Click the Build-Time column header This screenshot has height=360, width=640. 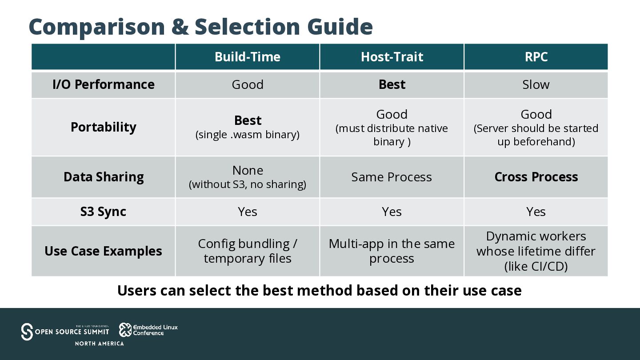pyautogui.click(x=248, y=57)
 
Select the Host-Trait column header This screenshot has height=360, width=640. pyautogui.click(x=392, y=57)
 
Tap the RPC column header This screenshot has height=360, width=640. pyautogui.click(x=536, y=57)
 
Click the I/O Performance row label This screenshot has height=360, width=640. pyautogui.click(x=104, y=84)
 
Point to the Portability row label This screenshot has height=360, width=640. pyautogui.click(x=104, y=127)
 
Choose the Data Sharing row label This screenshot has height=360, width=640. pyautogui.click(x=104, y=177)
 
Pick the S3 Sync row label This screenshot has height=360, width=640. pyautogui.click(x=103, y=212)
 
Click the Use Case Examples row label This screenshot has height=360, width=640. pyautogui.click(x=103, y=251)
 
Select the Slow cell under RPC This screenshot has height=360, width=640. pyautogui.click(x=536, y=84)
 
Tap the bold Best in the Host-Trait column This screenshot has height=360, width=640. pyautogui.click(x=392, y=84)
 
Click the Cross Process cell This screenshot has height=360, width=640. pyautogui.click(x=536, y=177)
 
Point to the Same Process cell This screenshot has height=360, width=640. pyautogui.click(x=392, y=177)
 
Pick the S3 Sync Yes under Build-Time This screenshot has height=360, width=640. pyautogui.click(x=248, y=212)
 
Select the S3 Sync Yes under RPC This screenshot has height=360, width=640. pyautogui.click(x=536, y=212)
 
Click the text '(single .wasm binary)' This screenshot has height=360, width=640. pyautogui.click(x=248, y=135)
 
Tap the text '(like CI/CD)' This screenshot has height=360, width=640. pyautogui.click(x=536, y=266)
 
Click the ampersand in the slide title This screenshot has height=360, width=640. pyautogui.click(x=180, y=27)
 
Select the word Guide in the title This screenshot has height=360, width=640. pyautogui.click(x=340, y=27)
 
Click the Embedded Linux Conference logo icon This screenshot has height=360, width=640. pyautogui.click(x=125, y=330)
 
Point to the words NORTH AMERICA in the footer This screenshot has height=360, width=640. pyautogui.click(x=100, y=344)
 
